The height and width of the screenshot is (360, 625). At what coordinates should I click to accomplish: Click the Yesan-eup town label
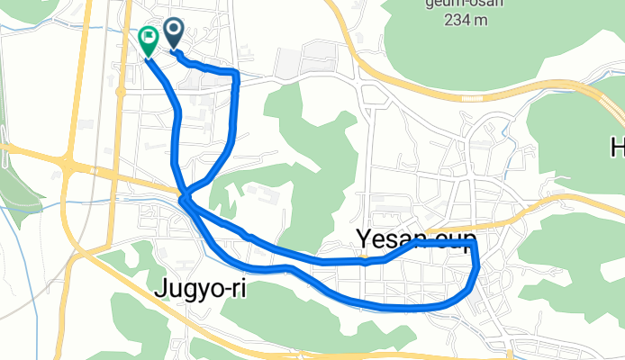(415, 239)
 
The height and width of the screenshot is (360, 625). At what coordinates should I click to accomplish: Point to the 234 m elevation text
(466, 17)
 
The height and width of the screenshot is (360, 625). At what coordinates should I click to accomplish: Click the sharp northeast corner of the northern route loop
(236, 72)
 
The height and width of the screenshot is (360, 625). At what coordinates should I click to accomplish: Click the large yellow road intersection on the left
(68, 164)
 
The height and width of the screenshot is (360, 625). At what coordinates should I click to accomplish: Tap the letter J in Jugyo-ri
(162, 289)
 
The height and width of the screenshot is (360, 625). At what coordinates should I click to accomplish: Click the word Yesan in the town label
(385, 239)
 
